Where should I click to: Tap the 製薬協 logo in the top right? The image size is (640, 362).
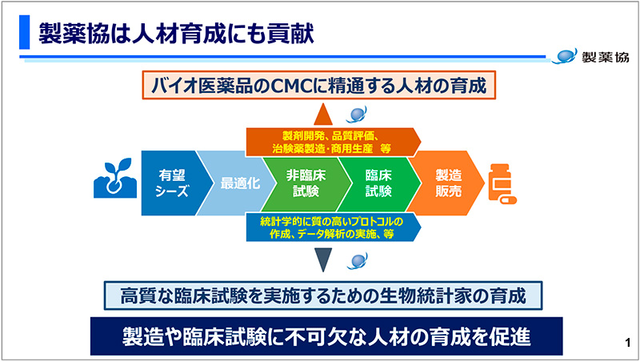coord(593,57)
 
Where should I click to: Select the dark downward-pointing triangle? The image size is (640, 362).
coord(323,258)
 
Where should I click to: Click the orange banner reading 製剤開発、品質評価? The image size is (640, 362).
coord(331,142)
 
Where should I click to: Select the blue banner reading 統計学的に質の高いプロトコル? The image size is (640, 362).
coord(331,227)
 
